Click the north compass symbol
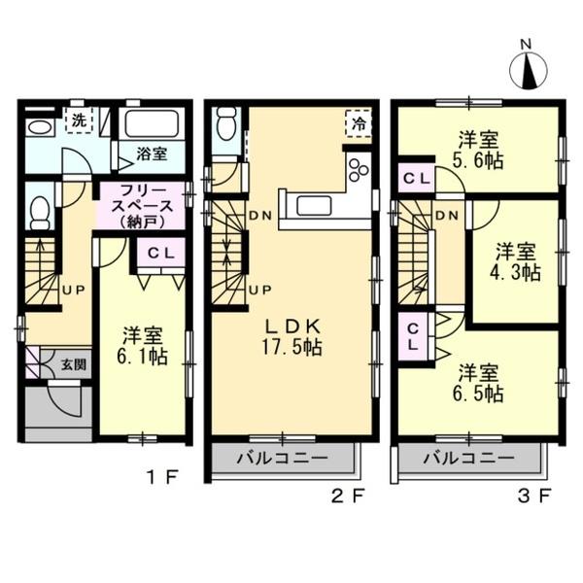tap(529, 69)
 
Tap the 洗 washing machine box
tap(77, 121)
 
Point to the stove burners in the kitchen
tap(358, 167)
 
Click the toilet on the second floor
tap(226, 122)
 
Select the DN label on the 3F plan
tap(446, 214)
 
